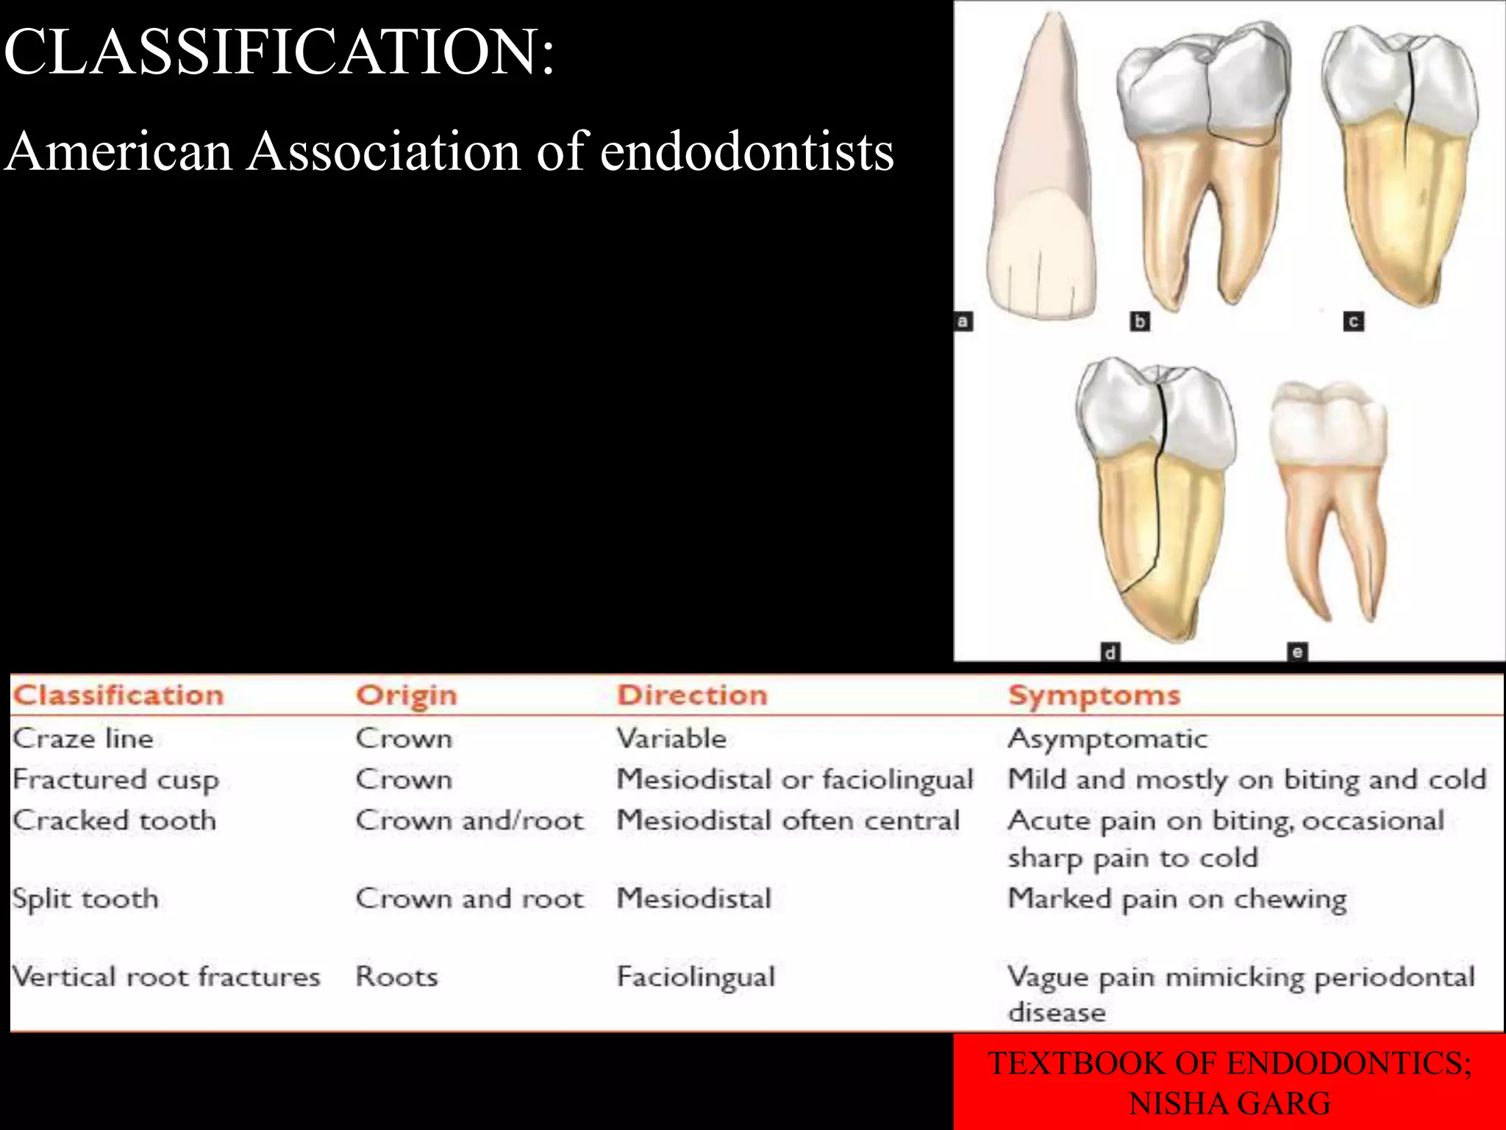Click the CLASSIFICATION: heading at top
pyautogui.click(x=279, y=51)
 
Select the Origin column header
pyautogui.click(x=406, y=695)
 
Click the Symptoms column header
pyautogui.click(x=1093, y=695)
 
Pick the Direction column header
pyautogui.click(x=692, y=695)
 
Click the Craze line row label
pyautogui.click(x=83, y=739)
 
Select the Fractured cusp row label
pyautogui.click(x=115, y=780)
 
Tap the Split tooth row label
pyautogui.click(x=85, y=898)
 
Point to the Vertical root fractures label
pyautogui.click(x=166, y=977)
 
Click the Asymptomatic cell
pyautogui.click(x=1107, y=739)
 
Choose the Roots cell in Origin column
pyautogui.click(x=396, y=977)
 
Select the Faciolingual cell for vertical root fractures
pyautogui.click(x=696, y=977)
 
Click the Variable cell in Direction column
pyautogui.click(x=671, y=739)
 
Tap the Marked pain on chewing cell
pyautogui.click(x=1177, y=899)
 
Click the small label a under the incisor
pyautogui.click(x=963, y=321)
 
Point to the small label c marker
pyautogui.click(x=1354, y=321)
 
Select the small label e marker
pyautogui.click(x=1297, y=652)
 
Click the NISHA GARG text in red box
pyautogui.click(x=1230, y=1104)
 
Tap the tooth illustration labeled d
pyautogui.click(x=1155, y=500)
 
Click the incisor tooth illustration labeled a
pyautogui.click(x=1041, y=184)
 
